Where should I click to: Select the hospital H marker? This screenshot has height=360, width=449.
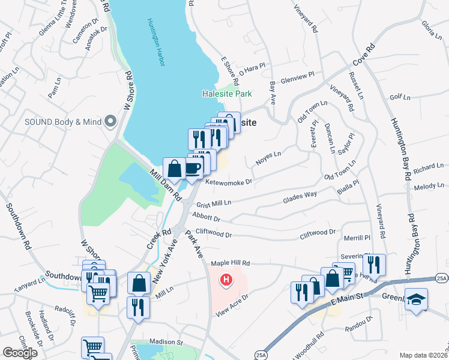pos(226,280)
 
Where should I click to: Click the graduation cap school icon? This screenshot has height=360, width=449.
pos(415,298)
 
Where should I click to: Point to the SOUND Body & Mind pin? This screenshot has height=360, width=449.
pos(110,121)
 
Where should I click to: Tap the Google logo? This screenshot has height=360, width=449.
pos(20,352)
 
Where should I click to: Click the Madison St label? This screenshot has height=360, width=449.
pos(166,342)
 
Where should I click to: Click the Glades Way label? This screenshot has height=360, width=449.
pos(301,194)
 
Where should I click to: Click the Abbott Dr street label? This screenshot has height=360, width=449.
pos(206,218)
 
